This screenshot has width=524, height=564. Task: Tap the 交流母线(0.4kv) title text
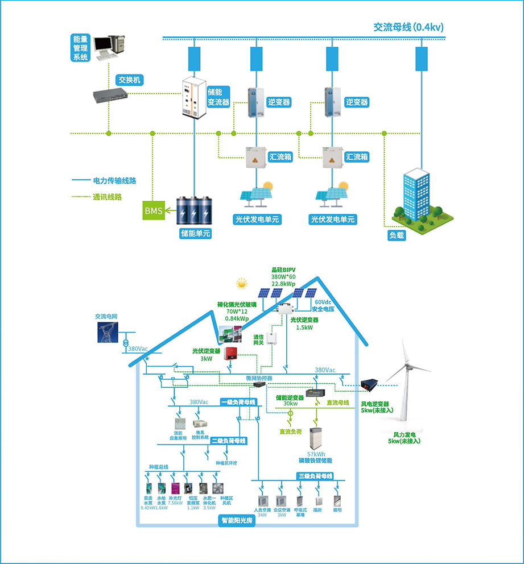408,27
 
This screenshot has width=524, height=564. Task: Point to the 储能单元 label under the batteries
195,233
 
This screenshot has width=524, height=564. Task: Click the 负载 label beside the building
397,235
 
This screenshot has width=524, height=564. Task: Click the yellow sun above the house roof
242,281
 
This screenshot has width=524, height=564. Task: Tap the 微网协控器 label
259,378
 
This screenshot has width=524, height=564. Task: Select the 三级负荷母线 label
315,475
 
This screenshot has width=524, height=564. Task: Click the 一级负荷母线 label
238,402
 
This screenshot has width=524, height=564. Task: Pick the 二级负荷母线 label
228,441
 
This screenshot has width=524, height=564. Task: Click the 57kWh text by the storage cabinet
315,453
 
